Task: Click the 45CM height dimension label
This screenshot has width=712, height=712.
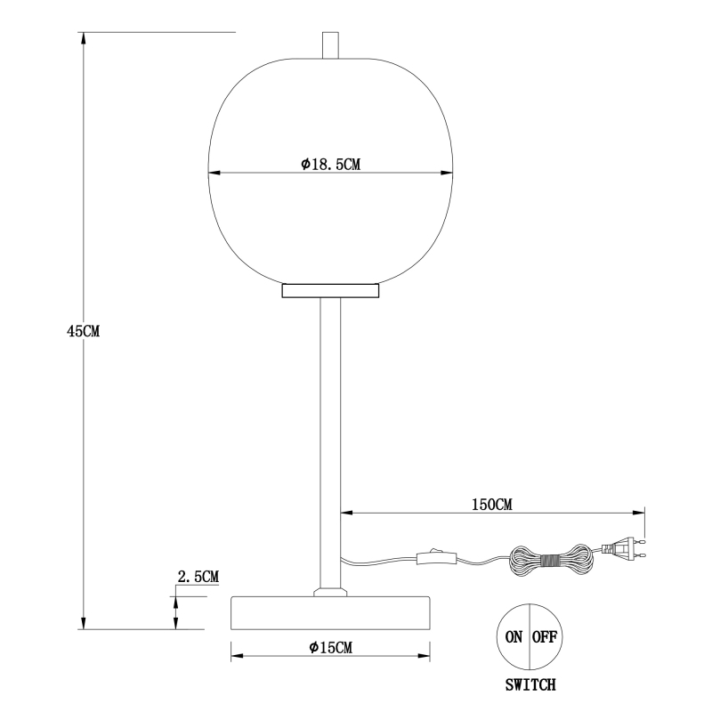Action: coord(83,331)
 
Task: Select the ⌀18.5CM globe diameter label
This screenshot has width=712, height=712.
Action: coord(330,164)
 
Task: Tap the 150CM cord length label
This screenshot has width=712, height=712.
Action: coord(492,505)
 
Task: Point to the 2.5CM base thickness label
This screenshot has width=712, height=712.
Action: coord(198,577)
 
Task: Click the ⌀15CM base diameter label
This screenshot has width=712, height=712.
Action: coord(330,647)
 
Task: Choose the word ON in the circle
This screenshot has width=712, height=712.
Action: coord(514,637)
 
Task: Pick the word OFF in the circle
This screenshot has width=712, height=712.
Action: coord(545,637)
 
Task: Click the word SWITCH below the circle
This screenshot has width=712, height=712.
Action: coord(530,684)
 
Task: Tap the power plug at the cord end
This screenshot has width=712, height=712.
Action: coord(624,547)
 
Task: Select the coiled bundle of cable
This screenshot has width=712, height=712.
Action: coord(549,560)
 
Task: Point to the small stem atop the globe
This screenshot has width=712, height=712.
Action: coord(330,45)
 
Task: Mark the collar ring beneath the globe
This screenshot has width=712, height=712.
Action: coord(330,291)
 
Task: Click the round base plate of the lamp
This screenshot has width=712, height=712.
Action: coord(330,613)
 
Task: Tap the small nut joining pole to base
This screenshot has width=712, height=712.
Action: coord(330,591)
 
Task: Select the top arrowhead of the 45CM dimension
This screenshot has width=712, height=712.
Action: coord(83,38)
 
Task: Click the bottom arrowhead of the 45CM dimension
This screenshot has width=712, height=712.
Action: coord(83,623)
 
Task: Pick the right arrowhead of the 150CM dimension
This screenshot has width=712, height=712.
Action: coord(638,514)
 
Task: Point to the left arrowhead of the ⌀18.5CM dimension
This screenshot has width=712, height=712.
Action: coord(214,173)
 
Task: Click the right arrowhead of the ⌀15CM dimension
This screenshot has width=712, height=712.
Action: coord(425,656)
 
